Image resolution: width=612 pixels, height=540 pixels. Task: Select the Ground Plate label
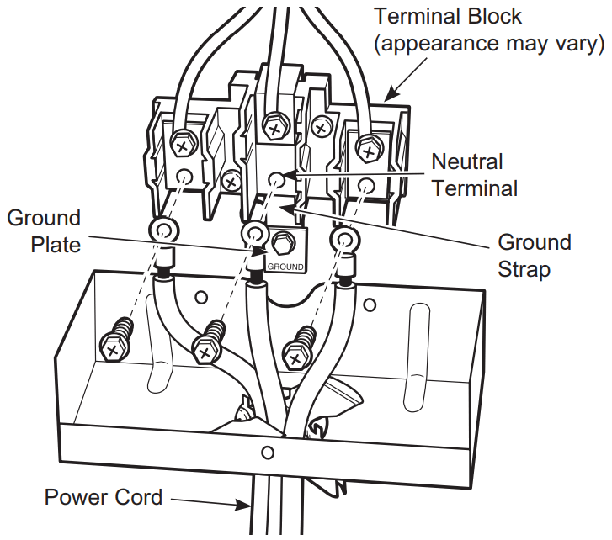click(x=44, y=231)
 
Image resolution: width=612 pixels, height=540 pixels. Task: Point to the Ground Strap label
click(x=535, y=256)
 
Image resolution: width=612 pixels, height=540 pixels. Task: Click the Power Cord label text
click(x=103, y=497)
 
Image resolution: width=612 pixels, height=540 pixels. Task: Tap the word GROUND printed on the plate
click(x=285, y=266)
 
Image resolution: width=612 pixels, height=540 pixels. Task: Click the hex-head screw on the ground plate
click(x=284, y=245)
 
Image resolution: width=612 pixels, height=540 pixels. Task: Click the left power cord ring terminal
click(x=162, y=230)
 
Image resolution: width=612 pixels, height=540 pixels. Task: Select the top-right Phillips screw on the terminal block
click(x=368, y=149)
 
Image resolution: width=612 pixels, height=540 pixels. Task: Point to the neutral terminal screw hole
click(x=277, y=178)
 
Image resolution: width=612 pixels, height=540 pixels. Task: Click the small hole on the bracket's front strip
click(x=267, y=453)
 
